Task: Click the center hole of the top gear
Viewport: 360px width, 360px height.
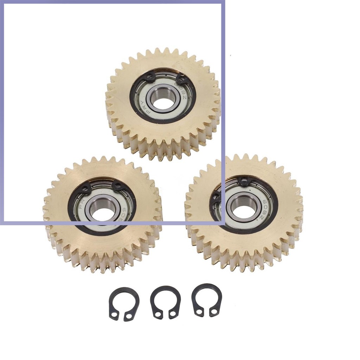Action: coord(163,102)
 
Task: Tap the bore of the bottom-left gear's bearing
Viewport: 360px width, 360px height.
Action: coord(102,213)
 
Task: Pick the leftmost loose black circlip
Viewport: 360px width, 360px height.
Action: coord(124,304)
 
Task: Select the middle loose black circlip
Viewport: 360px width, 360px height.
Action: coord(165,302)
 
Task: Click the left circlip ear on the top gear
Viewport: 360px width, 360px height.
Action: coord(150,77)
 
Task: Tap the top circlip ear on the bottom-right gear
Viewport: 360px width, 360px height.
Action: coord(243,182)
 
